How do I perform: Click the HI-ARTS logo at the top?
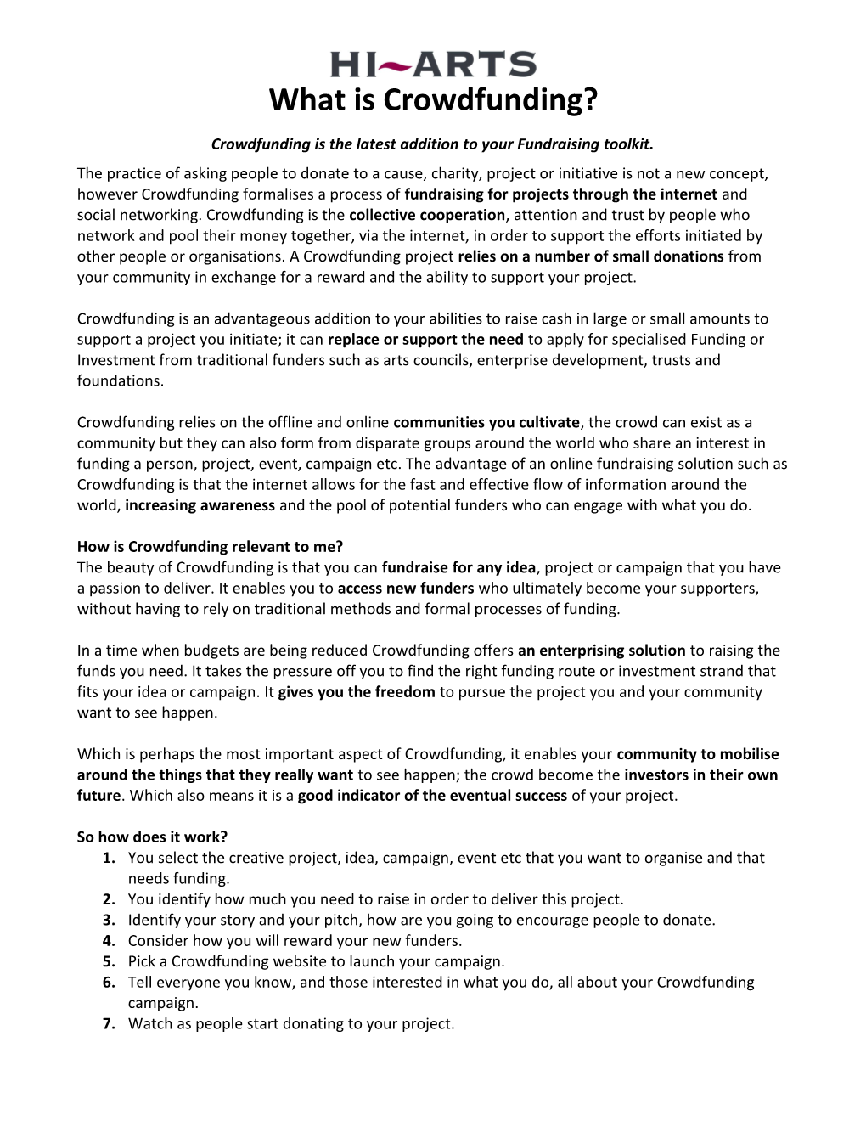433,64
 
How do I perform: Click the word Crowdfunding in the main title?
492,100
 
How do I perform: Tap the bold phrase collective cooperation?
427,215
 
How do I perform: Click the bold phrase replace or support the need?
425,340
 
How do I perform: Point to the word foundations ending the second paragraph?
120,380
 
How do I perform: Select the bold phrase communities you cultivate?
487,422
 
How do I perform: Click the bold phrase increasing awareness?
200,505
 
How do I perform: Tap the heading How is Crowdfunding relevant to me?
210,546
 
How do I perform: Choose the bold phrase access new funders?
406,588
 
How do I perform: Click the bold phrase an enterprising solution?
601,651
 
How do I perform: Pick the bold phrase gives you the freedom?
357,691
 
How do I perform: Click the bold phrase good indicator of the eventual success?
432,796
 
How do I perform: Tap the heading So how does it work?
152,837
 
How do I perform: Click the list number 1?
109,858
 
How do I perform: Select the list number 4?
109,940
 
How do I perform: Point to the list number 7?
109,1023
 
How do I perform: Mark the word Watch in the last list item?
149,1023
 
